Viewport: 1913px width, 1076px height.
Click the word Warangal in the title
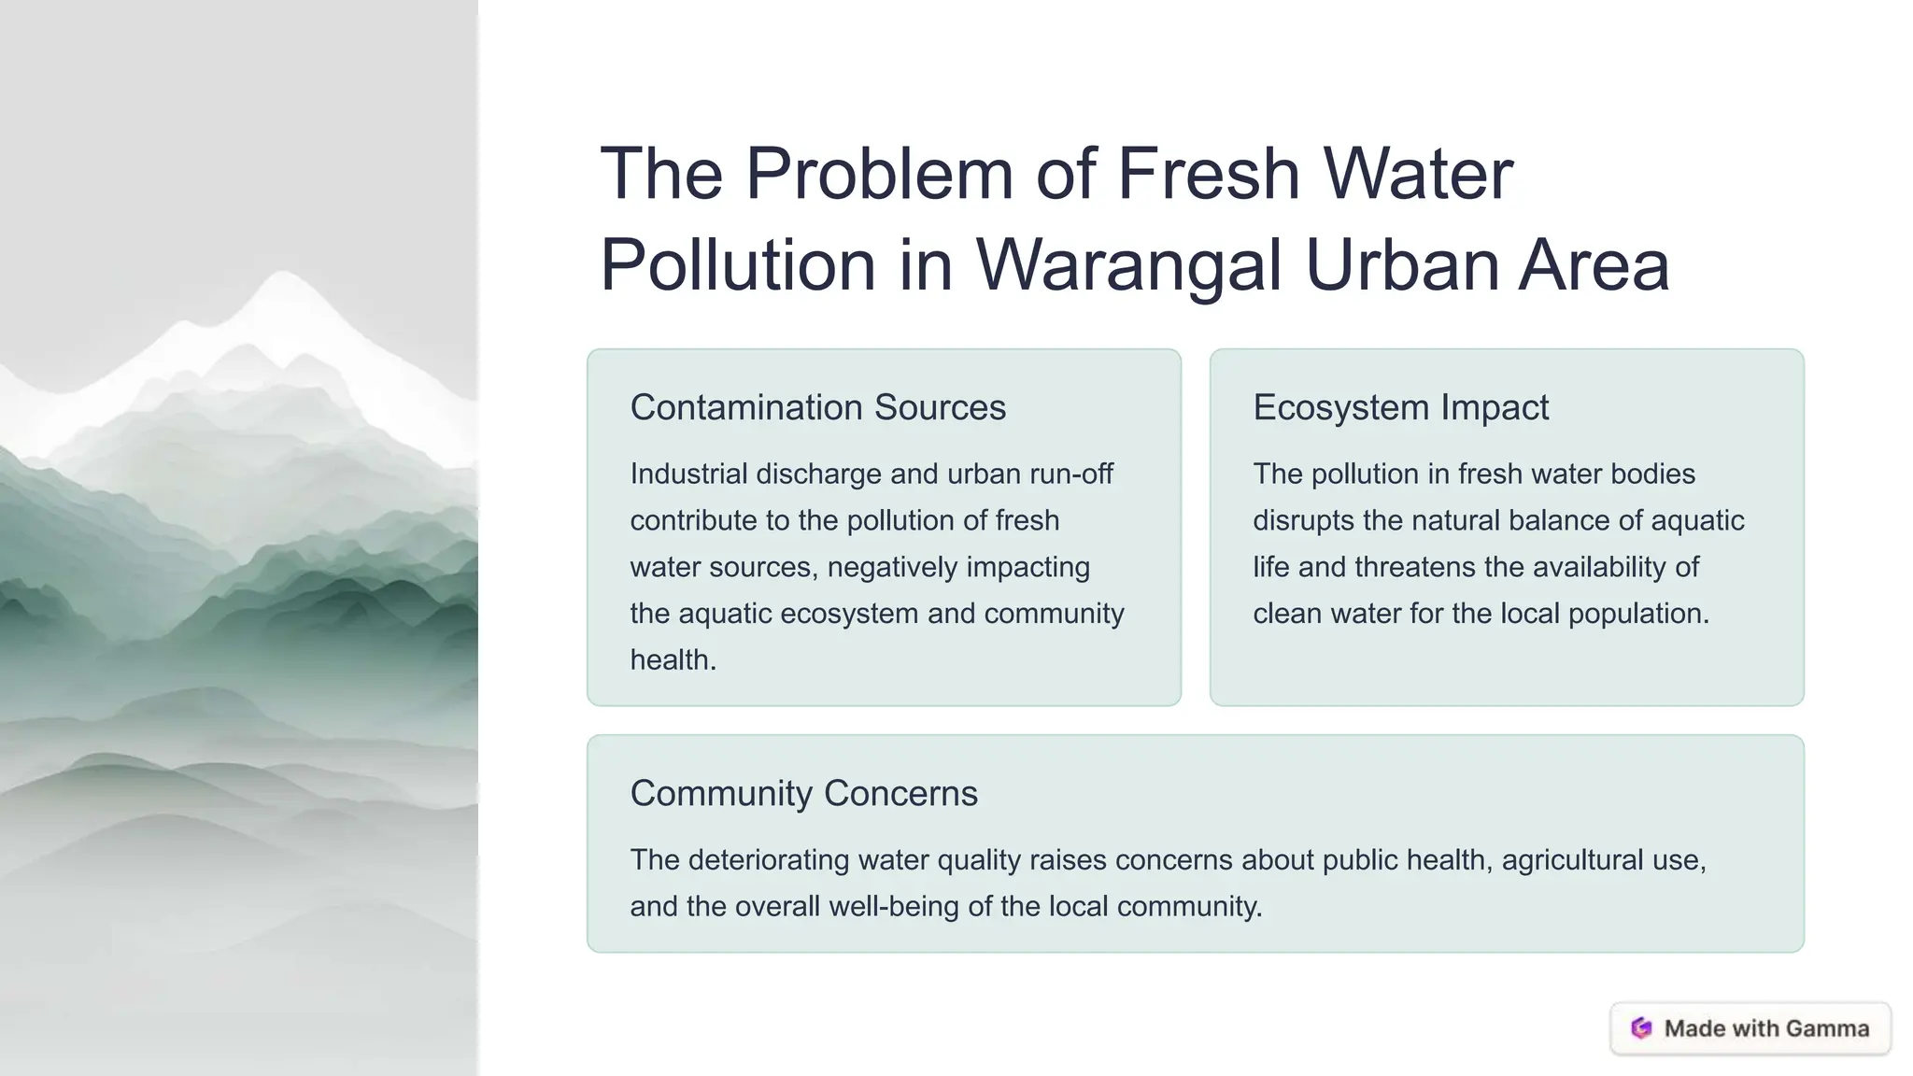coord(1128,265)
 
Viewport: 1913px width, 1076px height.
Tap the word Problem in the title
coord(879,174)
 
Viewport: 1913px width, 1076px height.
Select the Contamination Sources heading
coord(817,407)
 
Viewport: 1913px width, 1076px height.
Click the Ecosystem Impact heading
coord(1400,407)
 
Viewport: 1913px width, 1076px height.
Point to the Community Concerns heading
coord(803,793)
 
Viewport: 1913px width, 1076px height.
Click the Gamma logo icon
coord(1641,1028)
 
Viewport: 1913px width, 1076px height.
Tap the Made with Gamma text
coord(1766,1028)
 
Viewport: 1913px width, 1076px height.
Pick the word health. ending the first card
coord(673,659)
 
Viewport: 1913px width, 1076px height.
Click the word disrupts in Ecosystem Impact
coord(1303,520)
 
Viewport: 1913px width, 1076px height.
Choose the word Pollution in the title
coord(737,265)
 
